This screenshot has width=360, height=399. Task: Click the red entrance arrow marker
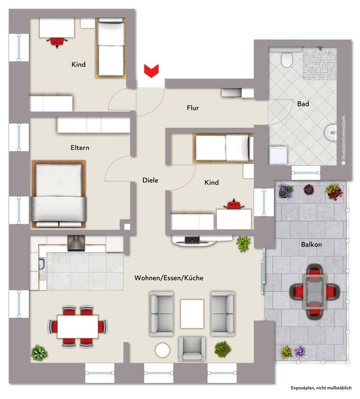tap(151, 71)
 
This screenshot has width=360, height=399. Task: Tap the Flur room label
tap(193, 108)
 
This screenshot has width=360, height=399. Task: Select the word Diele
tap(150, 180)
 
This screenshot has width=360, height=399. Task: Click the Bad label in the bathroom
tap(303, 104)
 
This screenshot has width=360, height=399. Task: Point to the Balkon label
tap(311, 245)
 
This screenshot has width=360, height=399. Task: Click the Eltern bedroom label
tap(80, 148)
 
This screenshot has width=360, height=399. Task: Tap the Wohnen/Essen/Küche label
tap(169, 278)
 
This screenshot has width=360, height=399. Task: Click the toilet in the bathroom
tap(287, 59)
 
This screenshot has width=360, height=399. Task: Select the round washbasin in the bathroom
tap(331, 133)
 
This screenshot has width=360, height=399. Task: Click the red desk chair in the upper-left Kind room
tap(57, 42)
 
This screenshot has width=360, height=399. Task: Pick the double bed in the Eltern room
tap(59, 194)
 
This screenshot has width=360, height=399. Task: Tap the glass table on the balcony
tap(315, 291)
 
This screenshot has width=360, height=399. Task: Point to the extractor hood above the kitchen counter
tap(76, 243)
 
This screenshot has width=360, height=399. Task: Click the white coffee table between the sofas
tap(192, 314)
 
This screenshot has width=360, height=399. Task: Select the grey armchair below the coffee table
tap(192, 349)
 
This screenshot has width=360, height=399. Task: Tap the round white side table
tap(162, 350)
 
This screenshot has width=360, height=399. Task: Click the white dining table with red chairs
tap(78, 326)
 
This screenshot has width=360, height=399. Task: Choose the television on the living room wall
tap(192, 240)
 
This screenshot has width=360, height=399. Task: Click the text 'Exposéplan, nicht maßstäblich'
tap(321, 388)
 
